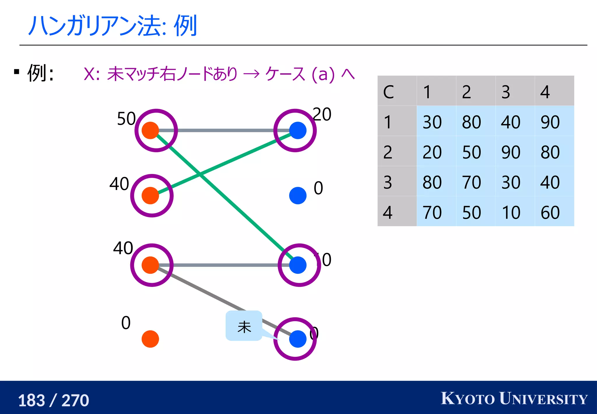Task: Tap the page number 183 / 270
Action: tap(53, 400)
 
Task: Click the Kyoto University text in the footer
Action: tap(514, 399)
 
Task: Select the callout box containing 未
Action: tap(244, 326)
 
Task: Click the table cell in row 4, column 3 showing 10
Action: tap(511, 212)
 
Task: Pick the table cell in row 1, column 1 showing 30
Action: tap(432, 122)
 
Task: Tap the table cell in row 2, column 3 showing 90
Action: tap(511, 152)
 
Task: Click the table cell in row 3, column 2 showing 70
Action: tap(471, 182)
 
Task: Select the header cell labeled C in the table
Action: tap(389, 92)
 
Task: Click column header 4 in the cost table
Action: tap(545, 92)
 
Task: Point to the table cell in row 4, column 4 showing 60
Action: tap(550, 212)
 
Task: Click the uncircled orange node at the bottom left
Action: tap(150, 339)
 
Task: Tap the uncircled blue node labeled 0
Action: tap(298, 196)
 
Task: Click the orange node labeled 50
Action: tap(150, 131)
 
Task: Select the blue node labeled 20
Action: tap(298, 131)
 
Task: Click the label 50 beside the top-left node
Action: tap(126, 119)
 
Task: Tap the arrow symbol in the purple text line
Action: tap(251, 74)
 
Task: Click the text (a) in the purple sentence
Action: tap(323, 74)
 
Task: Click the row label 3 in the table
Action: tap(388, 182)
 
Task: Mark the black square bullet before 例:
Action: tap(17, 72)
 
